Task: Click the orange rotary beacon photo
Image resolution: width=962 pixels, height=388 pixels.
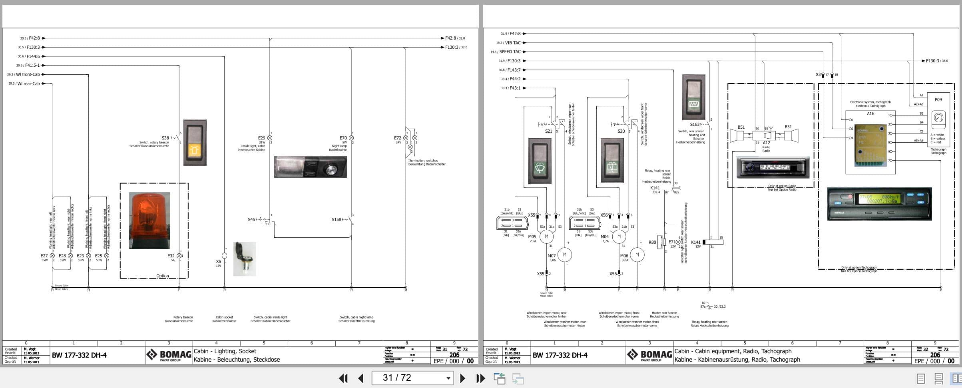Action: coord(149,220)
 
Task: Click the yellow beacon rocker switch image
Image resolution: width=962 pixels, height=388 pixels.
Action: coord(195,142)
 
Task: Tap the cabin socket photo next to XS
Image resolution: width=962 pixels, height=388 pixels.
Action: coord(245,259)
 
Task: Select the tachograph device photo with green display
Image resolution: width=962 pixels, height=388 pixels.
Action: coord(879,204)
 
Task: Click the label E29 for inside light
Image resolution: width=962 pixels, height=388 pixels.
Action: coord(261,138)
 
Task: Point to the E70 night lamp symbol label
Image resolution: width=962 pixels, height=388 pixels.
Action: coord(343,138)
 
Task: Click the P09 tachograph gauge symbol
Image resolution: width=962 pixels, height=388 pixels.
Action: coord(938,118)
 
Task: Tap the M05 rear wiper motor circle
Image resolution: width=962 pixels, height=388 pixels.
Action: coord(546,237)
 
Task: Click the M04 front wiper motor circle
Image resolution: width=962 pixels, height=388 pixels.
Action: coord(619,237)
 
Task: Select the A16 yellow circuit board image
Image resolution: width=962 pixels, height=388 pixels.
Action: coord(870,145)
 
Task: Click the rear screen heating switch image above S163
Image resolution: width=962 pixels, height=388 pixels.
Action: coord(694,97)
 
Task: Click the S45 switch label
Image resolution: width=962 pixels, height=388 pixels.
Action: coord(251,219)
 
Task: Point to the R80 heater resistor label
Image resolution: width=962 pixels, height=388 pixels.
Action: coord(652,242)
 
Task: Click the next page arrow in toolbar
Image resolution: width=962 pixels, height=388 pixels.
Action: coord(462,378)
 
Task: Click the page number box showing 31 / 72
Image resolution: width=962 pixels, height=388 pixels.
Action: coord(412,378)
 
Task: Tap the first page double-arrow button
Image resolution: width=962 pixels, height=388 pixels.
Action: coord(343,378)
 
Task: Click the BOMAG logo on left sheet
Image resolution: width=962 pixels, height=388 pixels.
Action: coord(169,355)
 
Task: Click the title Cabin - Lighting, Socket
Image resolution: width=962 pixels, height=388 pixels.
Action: coord(225,351)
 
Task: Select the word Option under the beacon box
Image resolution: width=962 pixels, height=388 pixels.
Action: coord(162,276)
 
